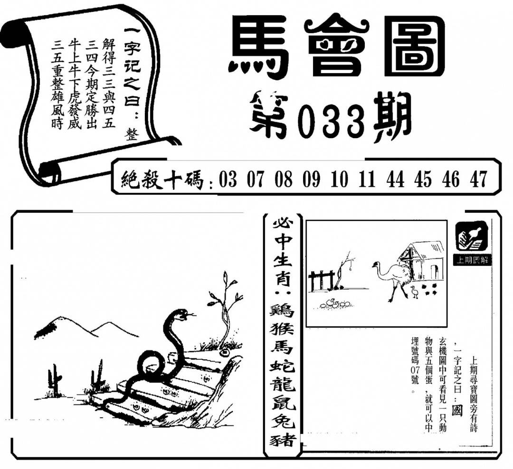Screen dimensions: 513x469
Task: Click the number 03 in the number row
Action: [x=228, y=179]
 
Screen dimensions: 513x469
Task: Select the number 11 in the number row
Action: [x=367, y=179]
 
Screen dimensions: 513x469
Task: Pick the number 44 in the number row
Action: [x=395, y=179]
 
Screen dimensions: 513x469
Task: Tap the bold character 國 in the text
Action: [x=457, y=411]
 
